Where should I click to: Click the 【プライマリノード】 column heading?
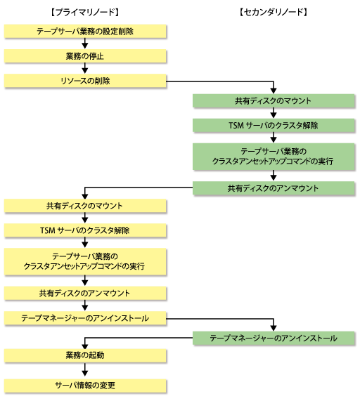85,12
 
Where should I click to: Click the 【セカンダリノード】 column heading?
274,12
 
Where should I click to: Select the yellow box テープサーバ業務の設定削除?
85,31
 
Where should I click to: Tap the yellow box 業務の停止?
85,56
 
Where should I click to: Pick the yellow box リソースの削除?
85,81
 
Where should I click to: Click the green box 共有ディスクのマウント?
274,100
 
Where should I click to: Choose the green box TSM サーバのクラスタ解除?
274,125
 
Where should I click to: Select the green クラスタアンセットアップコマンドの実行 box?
274,157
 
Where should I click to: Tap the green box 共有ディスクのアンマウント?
274,188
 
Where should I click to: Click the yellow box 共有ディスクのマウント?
85,206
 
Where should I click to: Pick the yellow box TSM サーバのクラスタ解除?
85,230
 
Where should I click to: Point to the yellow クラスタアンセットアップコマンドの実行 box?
85,262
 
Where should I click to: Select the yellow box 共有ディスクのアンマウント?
85,293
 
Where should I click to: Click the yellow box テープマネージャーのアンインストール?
85,318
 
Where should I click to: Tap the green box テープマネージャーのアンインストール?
274,338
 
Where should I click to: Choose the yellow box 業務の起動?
85,355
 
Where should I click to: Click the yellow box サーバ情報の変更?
85,386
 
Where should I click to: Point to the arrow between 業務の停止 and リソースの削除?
85,68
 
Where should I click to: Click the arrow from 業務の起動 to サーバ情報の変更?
85,370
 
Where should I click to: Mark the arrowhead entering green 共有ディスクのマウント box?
274,91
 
